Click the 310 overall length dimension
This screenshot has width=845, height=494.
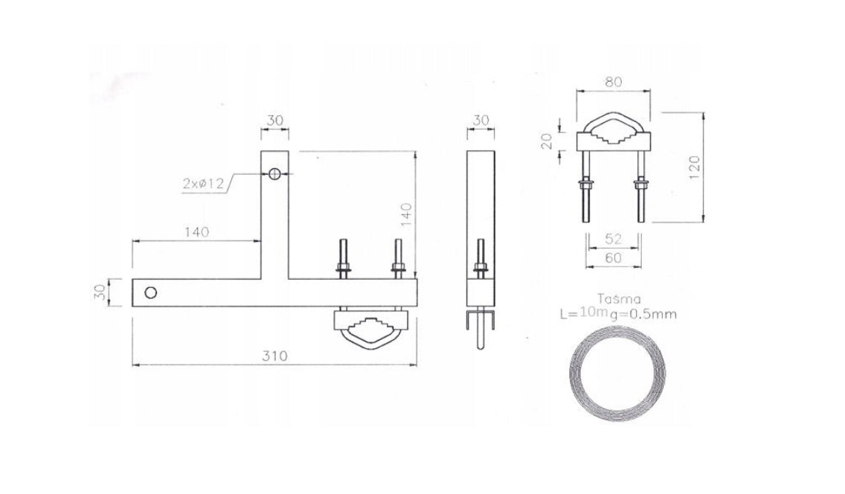[274, 356]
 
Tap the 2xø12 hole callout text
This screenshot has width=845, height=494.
[203, 183]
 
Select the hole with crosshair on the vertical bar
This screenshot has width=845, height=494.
[274, 173]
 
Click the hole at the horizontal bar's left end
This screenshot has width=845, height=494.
[151, 292]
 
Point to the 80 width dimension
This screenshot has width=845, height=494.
[613, 82]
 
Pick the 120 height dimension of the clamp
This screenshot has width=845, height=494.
[694, 167]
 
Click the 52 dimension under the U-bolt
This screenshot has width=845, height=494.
[613, 239]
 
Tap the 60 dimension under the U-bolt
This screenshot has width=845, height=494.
[613, 258]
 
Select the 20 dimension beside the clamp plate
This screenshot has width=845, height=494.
[547, 141]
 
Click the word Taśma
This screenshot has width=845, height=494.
[620, 299]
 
